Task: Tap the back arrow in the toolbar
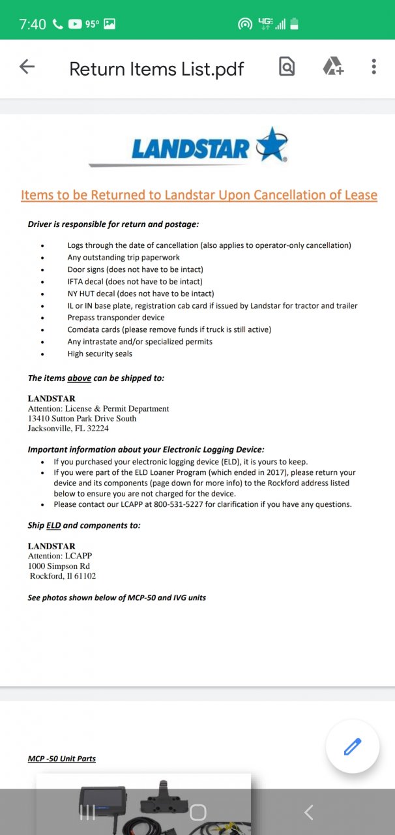tap(27, 67)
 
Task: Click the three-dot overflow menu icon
tap(373, 67)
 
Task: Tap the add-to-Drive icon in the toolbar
tap(332, 67)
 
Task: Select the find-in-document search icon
tap(287, 67)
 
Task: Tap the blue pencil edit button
tap(353, 746)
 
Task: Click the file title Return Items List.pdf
tap(156, 68)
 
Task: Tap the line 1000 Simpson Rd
tap(59, 566)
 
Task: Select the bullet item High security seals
tap(100, 354)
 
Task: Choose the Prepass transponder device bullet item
tap(116, 318)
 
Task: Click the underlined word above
tap(79, 378)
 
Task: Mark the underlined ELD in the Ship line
tap(53, 525)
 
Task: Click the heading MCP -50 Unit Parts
tap(61, 759)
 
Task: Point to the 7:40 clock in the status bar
tap(32, 24)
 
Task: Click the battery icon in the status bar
tap(295, 24)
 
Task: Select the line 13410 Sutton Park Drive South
tap(82, 418)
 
